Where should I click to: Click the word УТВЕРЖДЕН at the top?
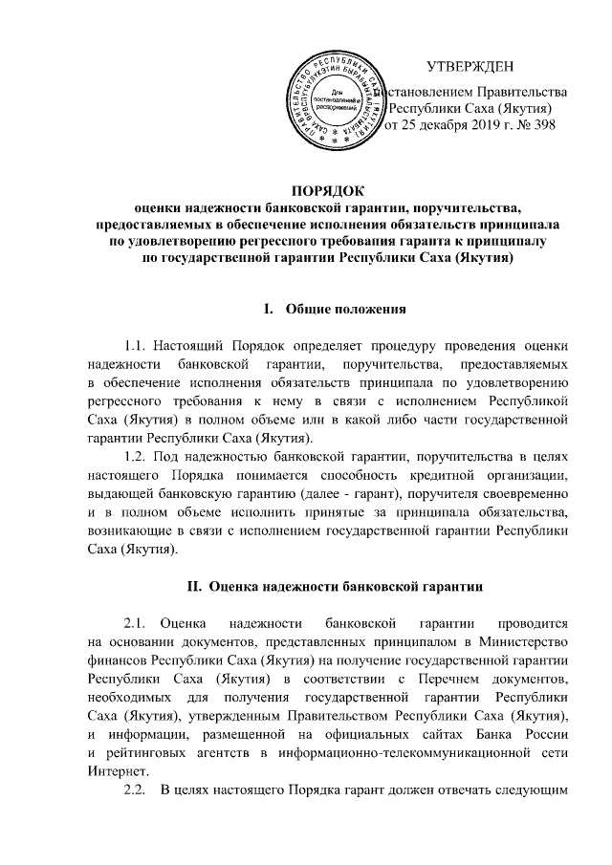pyautogui.click(x=470, y=66)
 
